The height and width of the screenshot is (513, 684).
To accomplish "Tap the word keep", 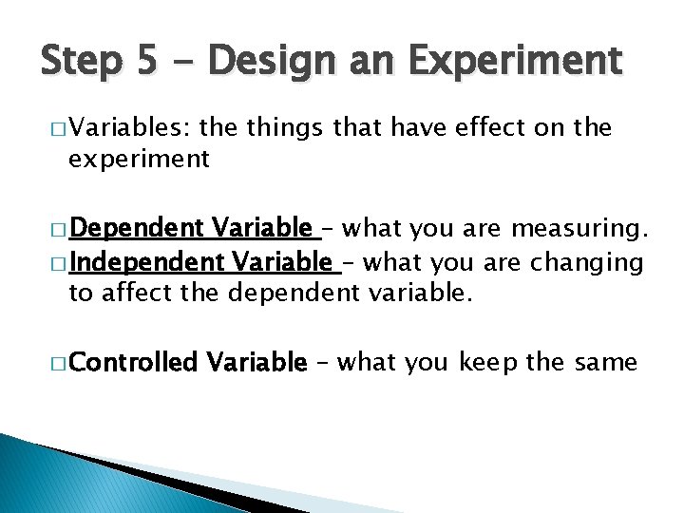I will pos(490,362).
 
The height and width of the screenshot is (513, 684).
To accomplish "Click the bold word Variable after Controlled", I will pos(257,362).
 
